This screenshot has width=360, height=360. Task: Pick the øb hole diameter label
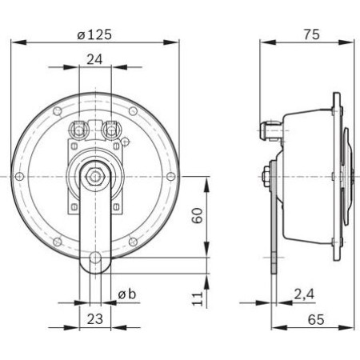click(x=127, y=294)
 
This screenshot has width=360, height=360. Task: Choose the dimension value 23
click(x=95, y=318)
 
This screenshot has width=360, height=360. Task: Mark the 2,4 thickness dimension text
click(x=303, y=294)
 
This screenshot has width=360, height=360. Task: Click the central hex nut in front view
click(x=95, y=174)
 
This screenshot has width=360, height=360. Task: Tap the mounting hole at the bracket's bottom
click(x=95, y=258)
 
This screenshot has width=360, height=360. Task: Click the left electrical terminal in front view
click(x=80, y=126)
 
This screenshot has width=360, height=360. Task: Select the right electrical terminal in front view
click(x=110, y=126)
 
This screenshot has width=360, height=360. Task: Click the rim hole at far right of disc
click(x=169, y=174)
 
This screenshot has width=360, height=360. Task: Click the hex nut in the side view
click(x=265, y=174)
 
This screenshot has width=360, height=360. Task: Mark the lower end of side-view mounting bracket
click(x=272, y=260)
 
